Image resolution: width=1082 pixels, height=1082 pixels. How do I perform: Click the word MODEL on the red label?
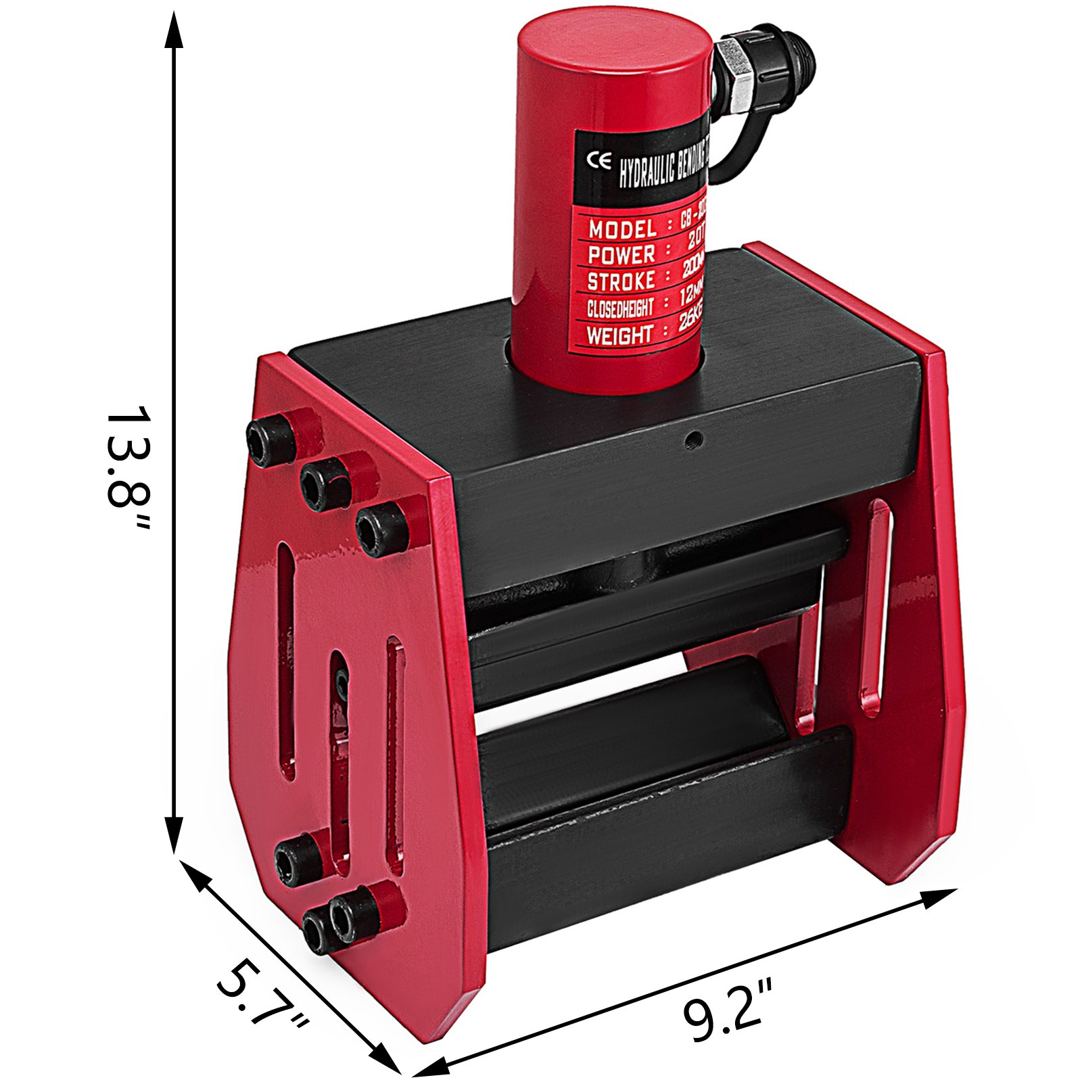(621, 229)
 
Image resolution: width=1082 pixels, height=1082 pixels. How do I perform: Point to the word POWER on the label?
(621, 255)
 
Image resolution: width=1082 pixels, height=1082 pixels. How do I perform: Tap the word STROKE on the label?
(621, 281)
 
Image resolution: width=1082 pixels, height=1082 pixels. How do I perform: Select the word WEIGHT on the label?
(619, 335)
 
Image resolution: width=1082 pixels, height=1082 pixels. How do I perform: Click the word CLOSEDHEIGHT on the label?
(619, 308)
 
